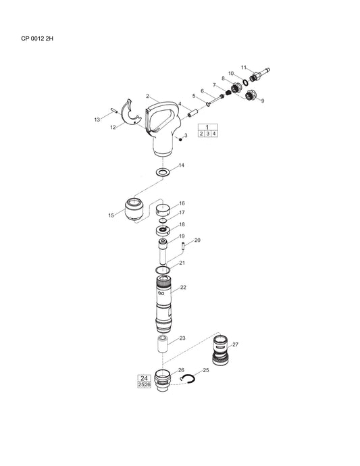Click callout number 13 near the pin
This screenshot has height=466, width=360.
97,119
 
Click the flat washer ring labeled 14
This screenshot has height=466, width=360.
162,172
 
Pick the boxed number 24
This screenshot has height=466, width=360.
144,378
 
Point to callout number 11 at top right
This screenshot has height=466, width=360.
245,68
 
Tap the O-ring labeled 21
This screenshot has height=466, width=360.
162,270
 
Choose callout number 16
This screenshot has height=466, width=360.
182,203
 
